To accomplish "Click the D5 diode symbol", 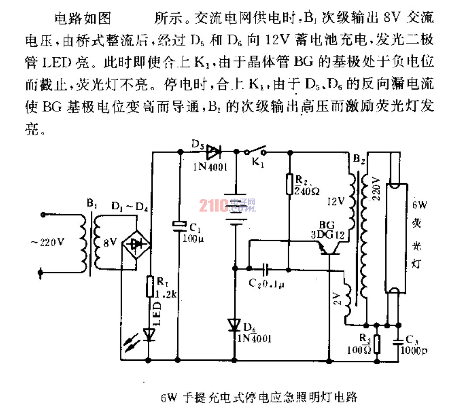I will (x=213, y=152).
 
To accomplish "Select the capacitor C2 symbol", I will (x=266, y=268).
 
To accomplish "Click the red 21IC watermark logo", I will (x=214, y=205).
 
